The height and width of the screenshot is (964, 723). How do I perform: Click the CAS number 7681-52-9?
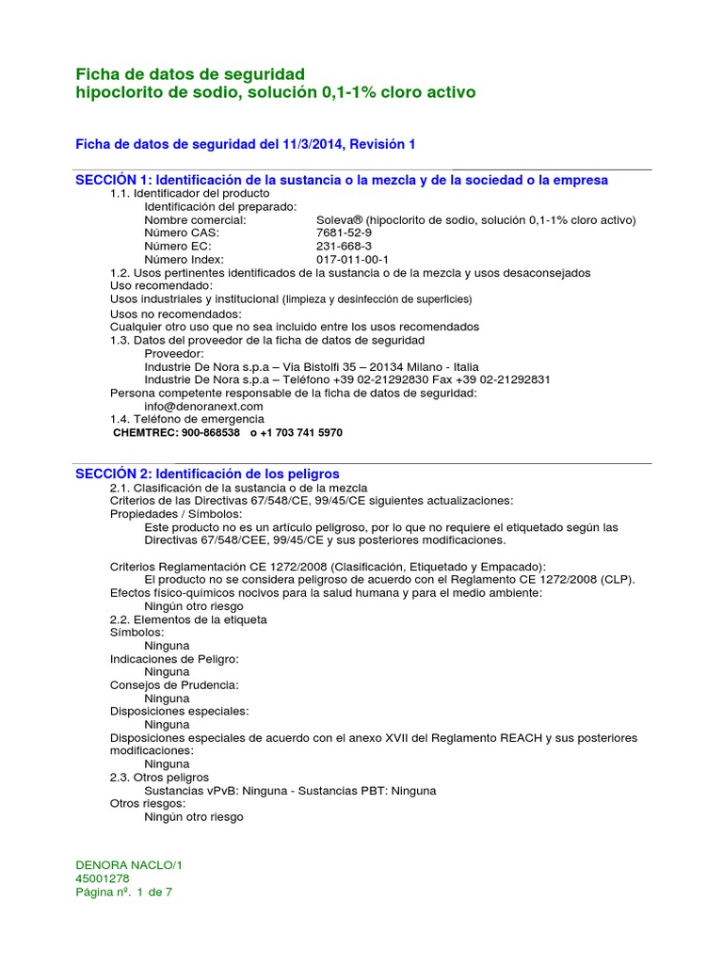[x=344, y=233]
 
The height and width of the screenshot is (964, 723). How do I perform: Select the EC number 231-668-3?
[x=344, y=246]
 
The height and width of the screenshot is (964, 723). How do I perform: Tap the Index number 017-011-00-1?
[x=352, y=259]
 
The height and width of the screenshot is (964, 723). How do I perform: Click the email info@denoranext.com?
[x=203, y=406]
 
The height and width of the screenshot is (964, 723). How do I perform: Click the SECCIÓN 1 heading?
[x=341, y=180]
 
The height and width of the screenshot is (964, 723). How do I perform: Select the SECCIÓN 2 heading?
[x=207, y=474]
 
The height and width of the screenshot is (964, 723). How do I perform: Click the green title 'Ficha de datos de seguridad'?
[x=189, y=73]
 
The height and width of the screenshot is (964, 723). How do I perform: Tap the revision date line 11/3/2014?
[x=245, y=144]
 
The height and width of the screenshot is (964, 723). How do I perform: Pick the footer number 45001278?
[x=103, y=878]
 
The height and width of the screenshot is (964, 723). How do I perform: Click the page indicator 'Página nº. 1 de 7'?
[x=123, y=892]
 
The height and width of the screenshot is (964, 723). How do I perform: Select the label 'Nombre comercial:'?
[x=195, y=219]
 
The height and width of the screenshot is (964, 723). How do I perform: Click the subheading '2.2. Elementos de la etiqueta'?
[x=188, y=619]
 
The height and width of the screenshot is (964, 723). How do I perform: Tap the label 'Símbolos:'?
[x=137, y=633]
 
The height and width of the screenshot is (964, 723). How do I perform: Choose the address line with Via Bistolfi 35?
[x=311, y=366]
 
